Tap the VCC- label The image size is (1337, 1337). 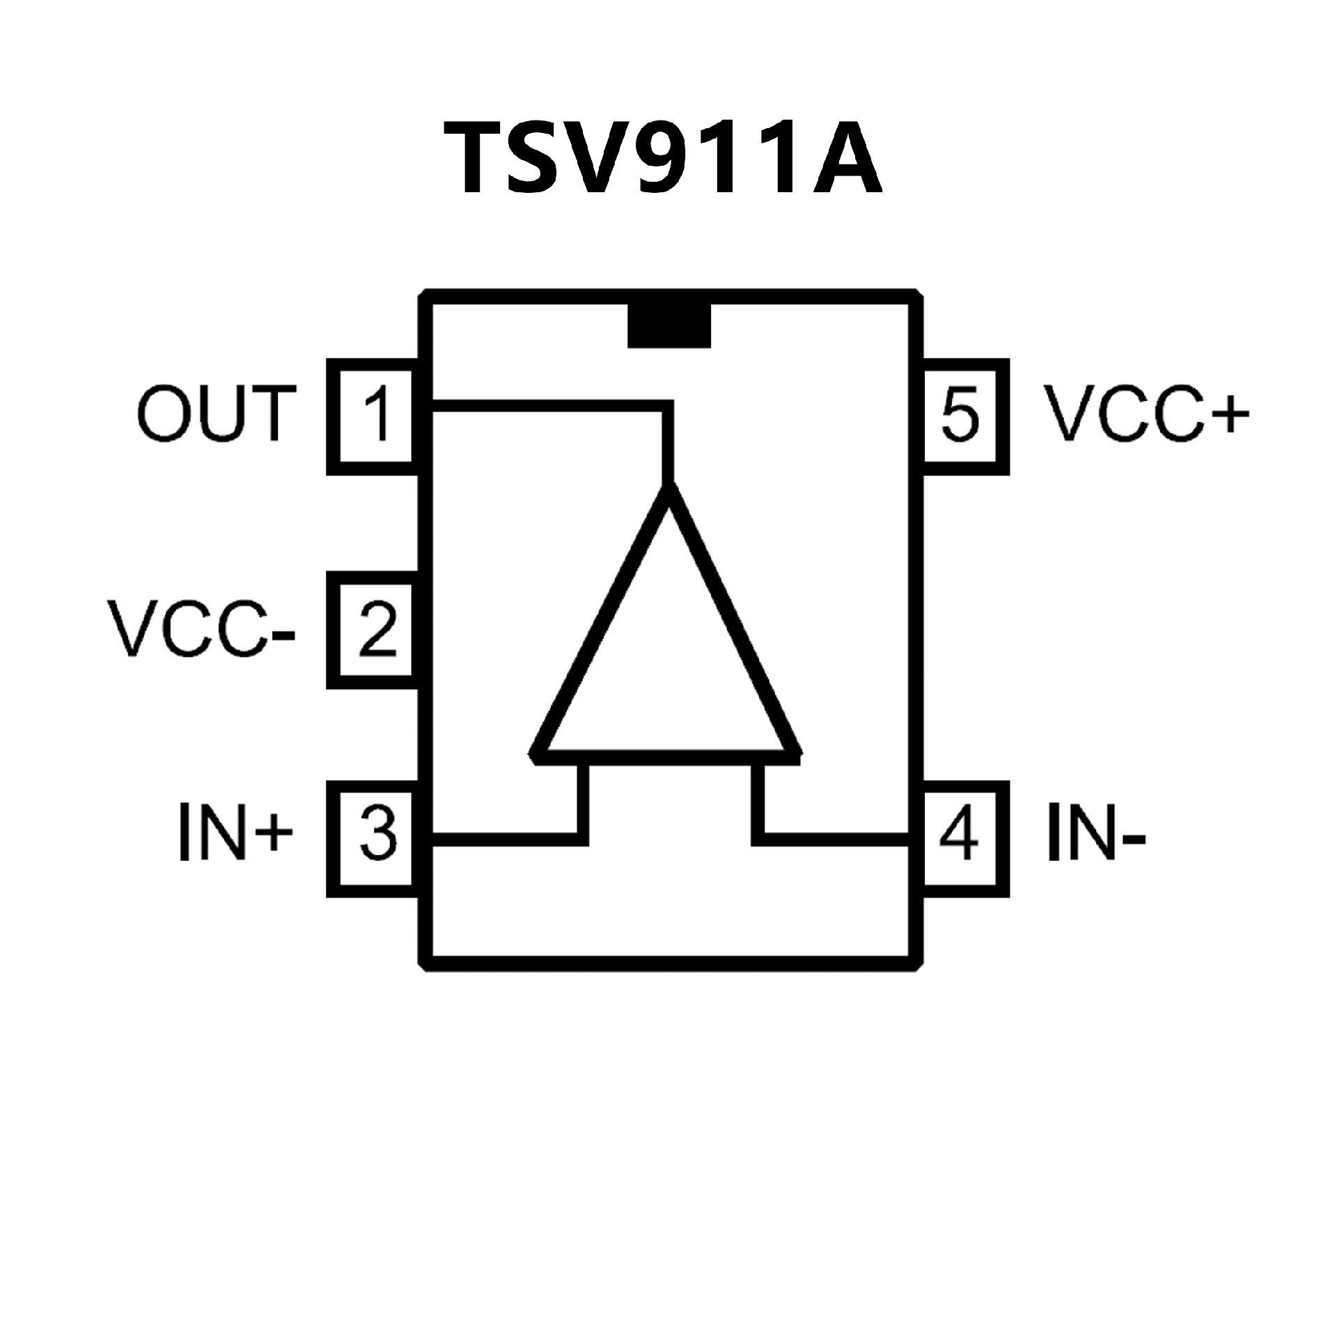tap(201, 630)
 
